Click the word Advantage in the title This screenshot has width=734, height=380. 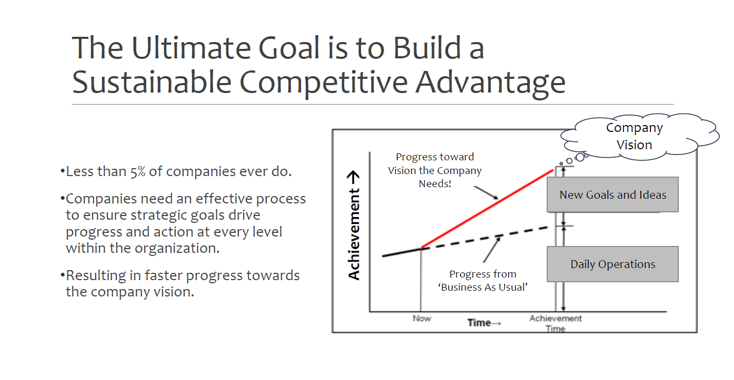pyautogui.click(x=490, y=83)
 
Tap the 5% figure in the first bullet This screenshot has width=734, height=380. pyautogui.click(x=138, y=171)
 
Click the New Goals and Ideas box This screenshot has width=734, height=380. pyautogui.click(x=612, y=195)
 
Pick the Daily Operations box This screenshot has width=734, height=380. pyautogui.click(x=612, y=264)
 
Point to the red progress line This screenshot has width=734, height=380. pyautogui.click(x=487, y=209)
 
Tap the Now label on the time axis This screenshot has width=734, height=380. pyautogui.click(x=422, y=318)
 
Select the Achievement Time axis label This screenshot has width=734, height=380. pyautogui.click(x=556, y=323)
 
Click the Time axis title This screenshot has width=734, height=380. pyautogui.click(x=484, y=323)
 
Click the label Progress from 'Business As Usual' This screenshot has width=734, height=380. pyautogui.click(x=482, y=281)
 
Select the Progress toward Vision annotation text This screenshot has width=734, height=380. pyautogui.click(x=435, y=170)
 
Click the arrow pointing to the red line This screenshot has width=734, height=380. pyautogui.click(x=486, y=193)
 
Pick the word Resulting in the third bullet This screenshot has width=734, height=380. pyautogui.click(x=96, y=276)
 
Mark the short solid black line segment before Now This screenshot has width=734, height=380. pyautogui.click(x=402, y=252)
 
